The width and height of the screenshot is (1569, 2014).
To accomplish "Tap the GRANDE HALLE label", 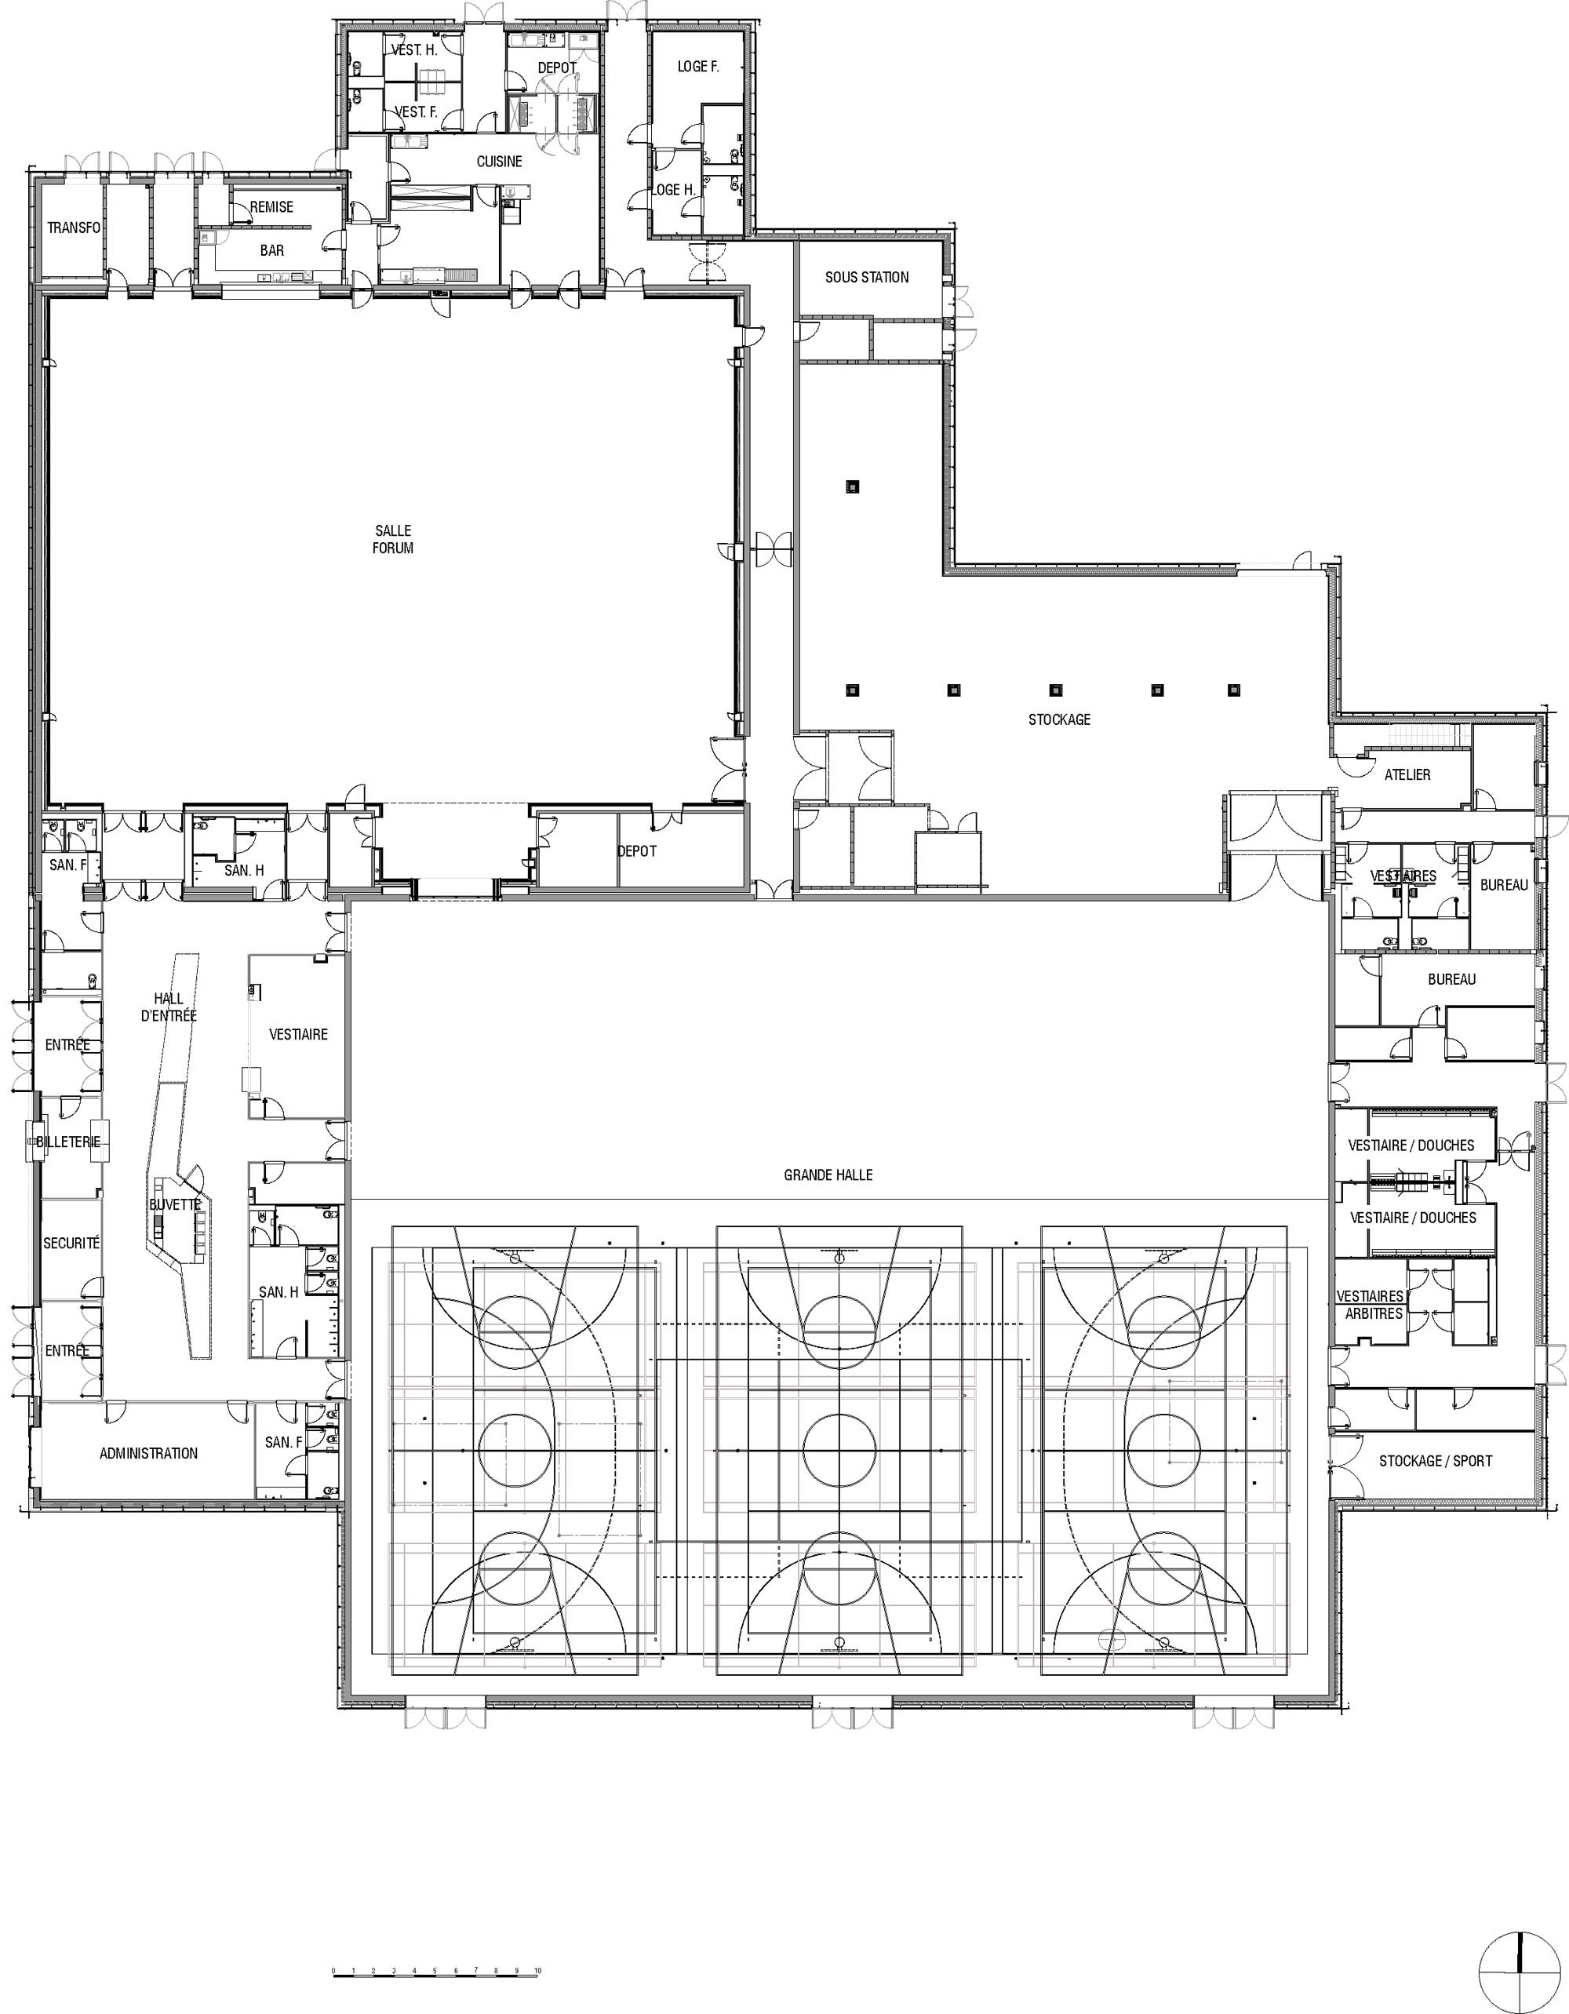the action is tap(828, 1175).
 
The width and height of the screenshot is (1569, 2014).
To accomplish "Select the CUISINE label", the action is tap(499, 162).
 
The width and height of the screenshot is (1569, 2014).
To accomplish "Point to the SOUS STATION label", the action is tap(867, 277).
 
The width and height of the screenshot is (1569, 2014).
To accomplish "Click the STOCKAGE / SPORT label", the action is tap(1436, 1461).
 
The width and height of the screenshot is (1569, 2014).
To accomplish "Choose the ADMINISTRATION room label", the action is tap(148, 1453).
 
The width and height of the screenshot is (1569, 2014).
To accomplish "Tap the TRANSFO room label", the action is tap(74, 227).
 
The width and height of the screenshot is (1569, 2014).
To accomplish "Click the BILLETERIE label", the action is tap(68, 1142).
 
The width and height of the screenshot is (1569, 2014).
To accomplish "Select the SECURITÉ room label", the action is tap(71, 1243).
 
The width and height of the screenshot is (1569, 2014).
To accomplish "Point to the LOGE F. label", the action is tap(698, 67).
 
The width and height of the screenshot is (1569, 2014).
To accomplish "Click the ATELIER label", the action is tap(1407, 774).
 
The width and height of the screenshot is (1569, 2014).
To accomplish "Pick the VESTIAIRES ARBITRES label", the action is tap(1371, 1305).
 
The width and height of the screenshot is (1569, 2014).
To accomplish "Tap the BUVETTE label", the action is tap(175, 1204).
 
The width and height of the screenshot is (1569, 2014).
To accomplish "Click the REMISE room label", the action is tap(272, 206).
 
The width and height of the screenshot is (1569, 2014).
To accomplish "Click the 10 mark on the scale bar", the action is tap(537, 1962).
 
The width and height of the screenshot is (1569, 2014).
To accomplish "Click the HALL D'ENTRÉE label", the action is tap(169, 1007).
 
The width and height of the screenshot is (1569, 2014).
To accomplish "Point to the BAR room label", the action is tap(272, 250).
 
